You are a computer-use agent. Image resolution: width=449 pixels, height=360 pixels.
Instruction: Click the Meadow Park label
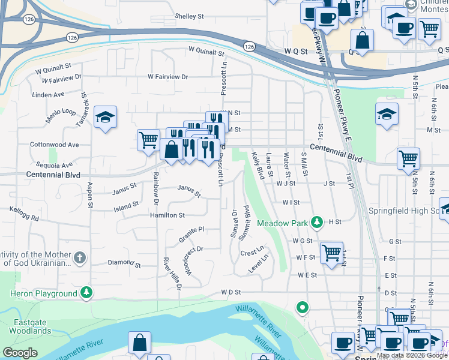pyautogui.click(x=282, y=223)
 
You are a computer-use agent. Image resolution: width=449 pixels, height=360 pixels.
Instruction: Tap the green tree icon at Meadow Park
pyautogui.click(x=317, y=223)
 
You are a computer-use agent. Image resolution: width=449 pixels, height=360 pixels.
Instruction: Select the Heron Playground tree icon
pyautogui.click(x=88, y=293)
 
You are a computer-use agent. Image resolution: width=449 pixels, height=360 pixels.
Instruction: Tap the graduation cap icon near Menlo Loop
pyautogui.click(x=105, y=117)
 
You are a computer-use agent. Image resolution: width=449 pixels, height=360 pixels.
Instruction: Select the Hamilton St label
pyautogui.click(x=167, y=215)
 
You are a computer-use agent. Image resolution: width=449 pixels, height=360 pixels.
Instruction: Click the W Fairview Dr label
pyautogui.click(x=168, y=77)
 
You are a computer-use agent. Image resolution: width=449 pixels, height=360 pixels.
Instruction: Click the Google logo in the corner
pyautogui.click(x=20, y=352)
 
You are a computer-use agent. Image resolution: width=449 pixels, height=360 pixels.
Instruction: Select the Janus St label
pyautogui.click(x=125, y=193)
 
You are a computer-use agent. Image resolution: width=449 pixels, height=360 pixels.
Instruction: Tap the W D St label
pyautogui.click(x=231, y=292)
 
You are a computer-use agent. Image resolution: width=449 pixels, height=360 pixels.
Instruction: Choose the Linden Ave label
pyautogui.click(x=48, y=95)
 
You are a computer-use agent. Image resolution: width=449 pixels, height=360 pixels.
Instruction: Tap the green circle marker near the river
pyautogui.click(x=303, y=308)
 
